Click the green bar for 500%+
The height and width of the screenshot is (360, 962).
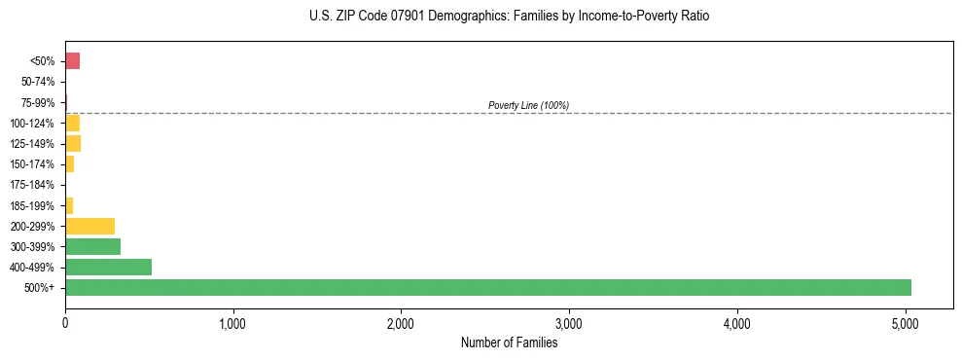[487, 287]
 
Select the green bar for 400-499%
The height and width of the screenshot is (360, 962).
[108, 267]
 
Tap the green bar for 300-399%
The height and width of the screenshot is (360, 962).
[92, 246]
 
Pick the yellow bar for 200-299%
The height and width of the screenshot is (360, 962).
[89, 226]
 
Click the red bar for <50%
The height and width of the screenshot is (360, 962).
[72, 61]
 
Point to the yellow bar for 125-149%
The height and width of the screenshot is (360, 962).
[73, 144]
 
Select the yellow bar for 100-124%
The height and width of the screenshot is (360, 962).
[72, 124]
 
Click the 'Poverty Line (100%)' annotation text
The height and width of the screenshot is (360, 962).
[528, 105]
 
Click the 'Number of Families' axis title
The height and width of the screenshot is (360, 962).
[509, 342]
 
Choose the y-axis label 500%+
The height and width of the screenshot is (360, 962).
[42, 288]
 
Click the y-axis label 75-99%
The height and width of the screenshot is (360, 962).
[39, 103]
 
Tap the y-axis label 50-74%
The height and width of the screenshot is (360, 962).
[39, 82]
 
